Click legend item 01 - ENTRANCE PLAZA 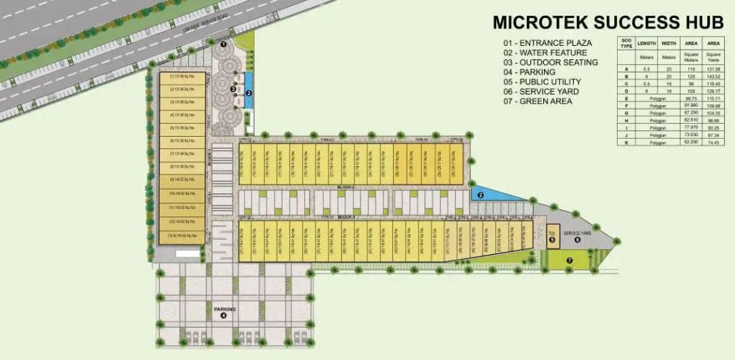point(547,43)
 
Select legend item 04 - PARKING point(530,72)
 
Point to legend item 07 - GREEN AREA point(537,102)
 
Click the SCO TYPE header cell point(626,44)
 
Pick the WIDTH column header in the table point(669,42)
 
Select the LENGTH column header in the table point(647,42)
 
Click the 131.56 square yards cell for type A point(714,69)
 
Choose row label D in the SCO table point(626,92)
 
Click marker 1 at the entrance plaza point(223,44)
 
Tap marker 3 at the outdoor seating point(233,89)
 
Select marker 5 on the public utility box point(552,239)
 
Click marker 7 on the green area point(570,261)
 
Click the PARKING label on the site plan point(224,308)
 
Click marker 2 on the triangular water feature point(481,195)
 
